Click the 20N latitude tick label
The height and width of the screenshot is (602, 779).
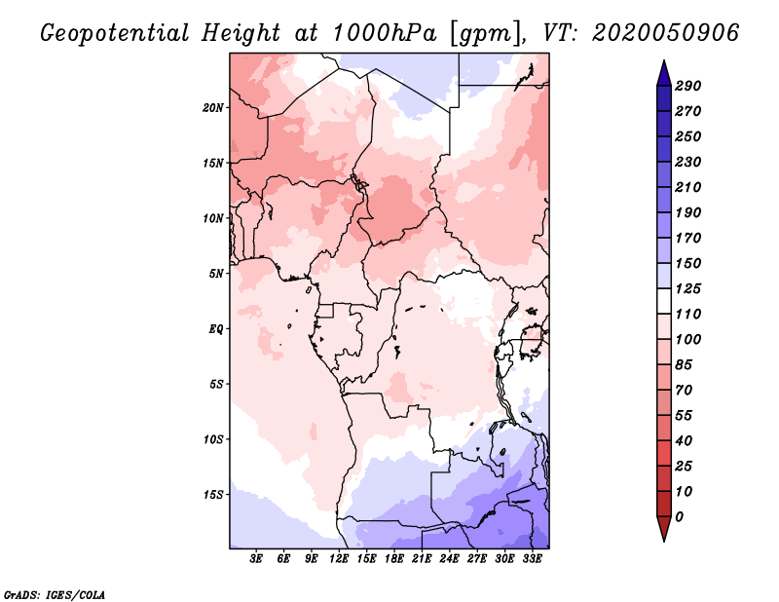pyautogui.click(x=212, y=108)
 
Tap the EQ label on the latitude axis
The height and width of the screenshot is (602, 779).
pyautogui.click(x=216, y=329)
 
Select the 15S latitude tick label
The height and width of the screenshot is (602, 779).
pyautogui.click(x=212, y=495)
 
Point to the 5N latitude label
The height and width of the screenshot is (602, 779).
pyautogui.click(x=216, y=274)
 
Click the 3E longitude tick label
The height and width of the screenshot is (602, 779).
pyautogui.click(x=256, y=559)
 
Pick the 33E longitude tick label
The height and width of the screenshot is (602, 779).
pyautogui.click(x=532, y=559)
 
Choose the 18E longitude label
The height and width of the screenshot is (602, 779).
pyautogui.click(x=394, y=559)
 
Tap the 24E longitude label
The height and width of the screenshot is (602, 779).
pyautogui.click(x=449, y=559)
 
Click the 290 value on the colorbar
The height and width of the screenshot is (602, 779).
pyautogui.click(x=688, y=86)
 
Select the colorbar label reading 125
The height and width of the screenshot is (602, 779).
pyautogui.click(x=688, y=288)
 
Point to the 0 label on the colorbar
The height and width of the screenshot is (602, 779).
pyautogui.click(x=679, y=517)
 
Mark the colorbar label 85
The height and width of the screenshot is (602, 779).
pyautogui.click(x=684, y=365)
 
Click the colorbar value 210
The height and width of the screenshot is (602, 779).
pyautogui.click(x=688, y=187)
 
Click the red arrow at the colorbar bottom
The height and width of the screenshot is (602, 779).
pyautogui.click(x=664, y=527)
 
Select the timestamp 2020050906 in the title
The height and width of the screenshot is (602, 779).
pyautogui.click(x=666, y=33)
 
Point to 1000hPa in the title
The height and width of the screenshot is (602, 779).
pyautogui.click(x=385, y=33)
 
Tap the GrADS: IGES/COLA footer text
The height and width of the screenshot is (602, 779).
pyautogui.click(x=55, y=595)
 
